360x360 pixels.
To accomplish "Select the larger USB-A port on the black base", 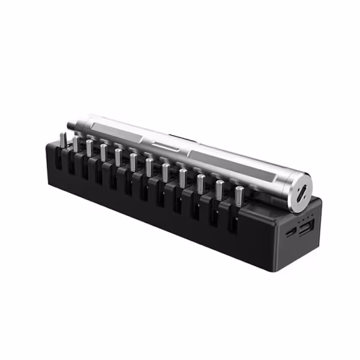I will [x=305, y=230].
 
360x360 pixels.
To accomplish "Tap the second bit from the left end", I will [x=76, y=144].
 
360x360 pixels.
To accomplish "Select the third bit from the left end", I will [x=89, y=148].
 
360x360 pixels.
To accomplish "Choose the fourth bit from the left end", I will [x=103, y=152].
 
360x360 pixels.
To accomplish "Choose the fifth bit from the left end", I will [x=118, y=157].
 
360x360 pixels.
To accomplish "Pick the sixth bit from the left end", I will [x=133, y=162].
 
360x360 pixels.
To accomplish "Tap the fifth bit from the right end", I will [x=165, y=172].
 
